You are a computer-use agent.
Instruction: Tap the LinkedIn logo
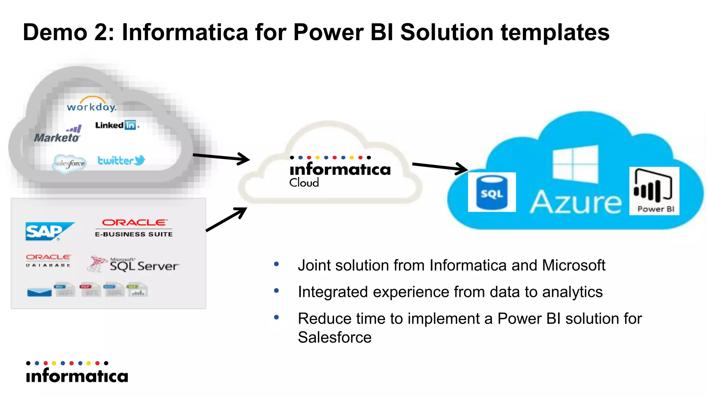(x=116, y=125)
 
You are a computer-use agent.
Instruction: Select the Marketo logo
(x=58, y=135)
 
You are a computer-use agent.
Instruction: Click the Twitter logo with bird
(x=121, y=160)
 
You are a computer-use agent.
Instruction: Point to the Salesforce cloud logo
(x=70, y=163)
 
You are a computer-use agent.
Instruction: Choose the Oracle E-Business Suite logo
(x=134, y=228)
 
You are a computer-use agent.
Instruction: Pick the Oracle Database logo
(x=48, y=261)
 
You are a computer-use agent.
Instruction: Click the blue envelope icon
(x=39, y=293)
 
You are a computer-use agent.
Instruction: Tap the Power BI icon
(x=654, y=191)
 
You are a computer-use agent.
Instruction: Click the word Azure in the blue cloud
(x=575, y=202)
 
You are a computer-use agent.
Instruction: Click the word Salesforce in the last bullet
(x=334, y=337)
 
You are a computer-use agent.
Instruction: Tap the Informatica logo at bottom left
(x=77, y=373)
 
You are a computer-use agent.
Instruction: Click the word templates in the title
(x=555, y=32)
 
